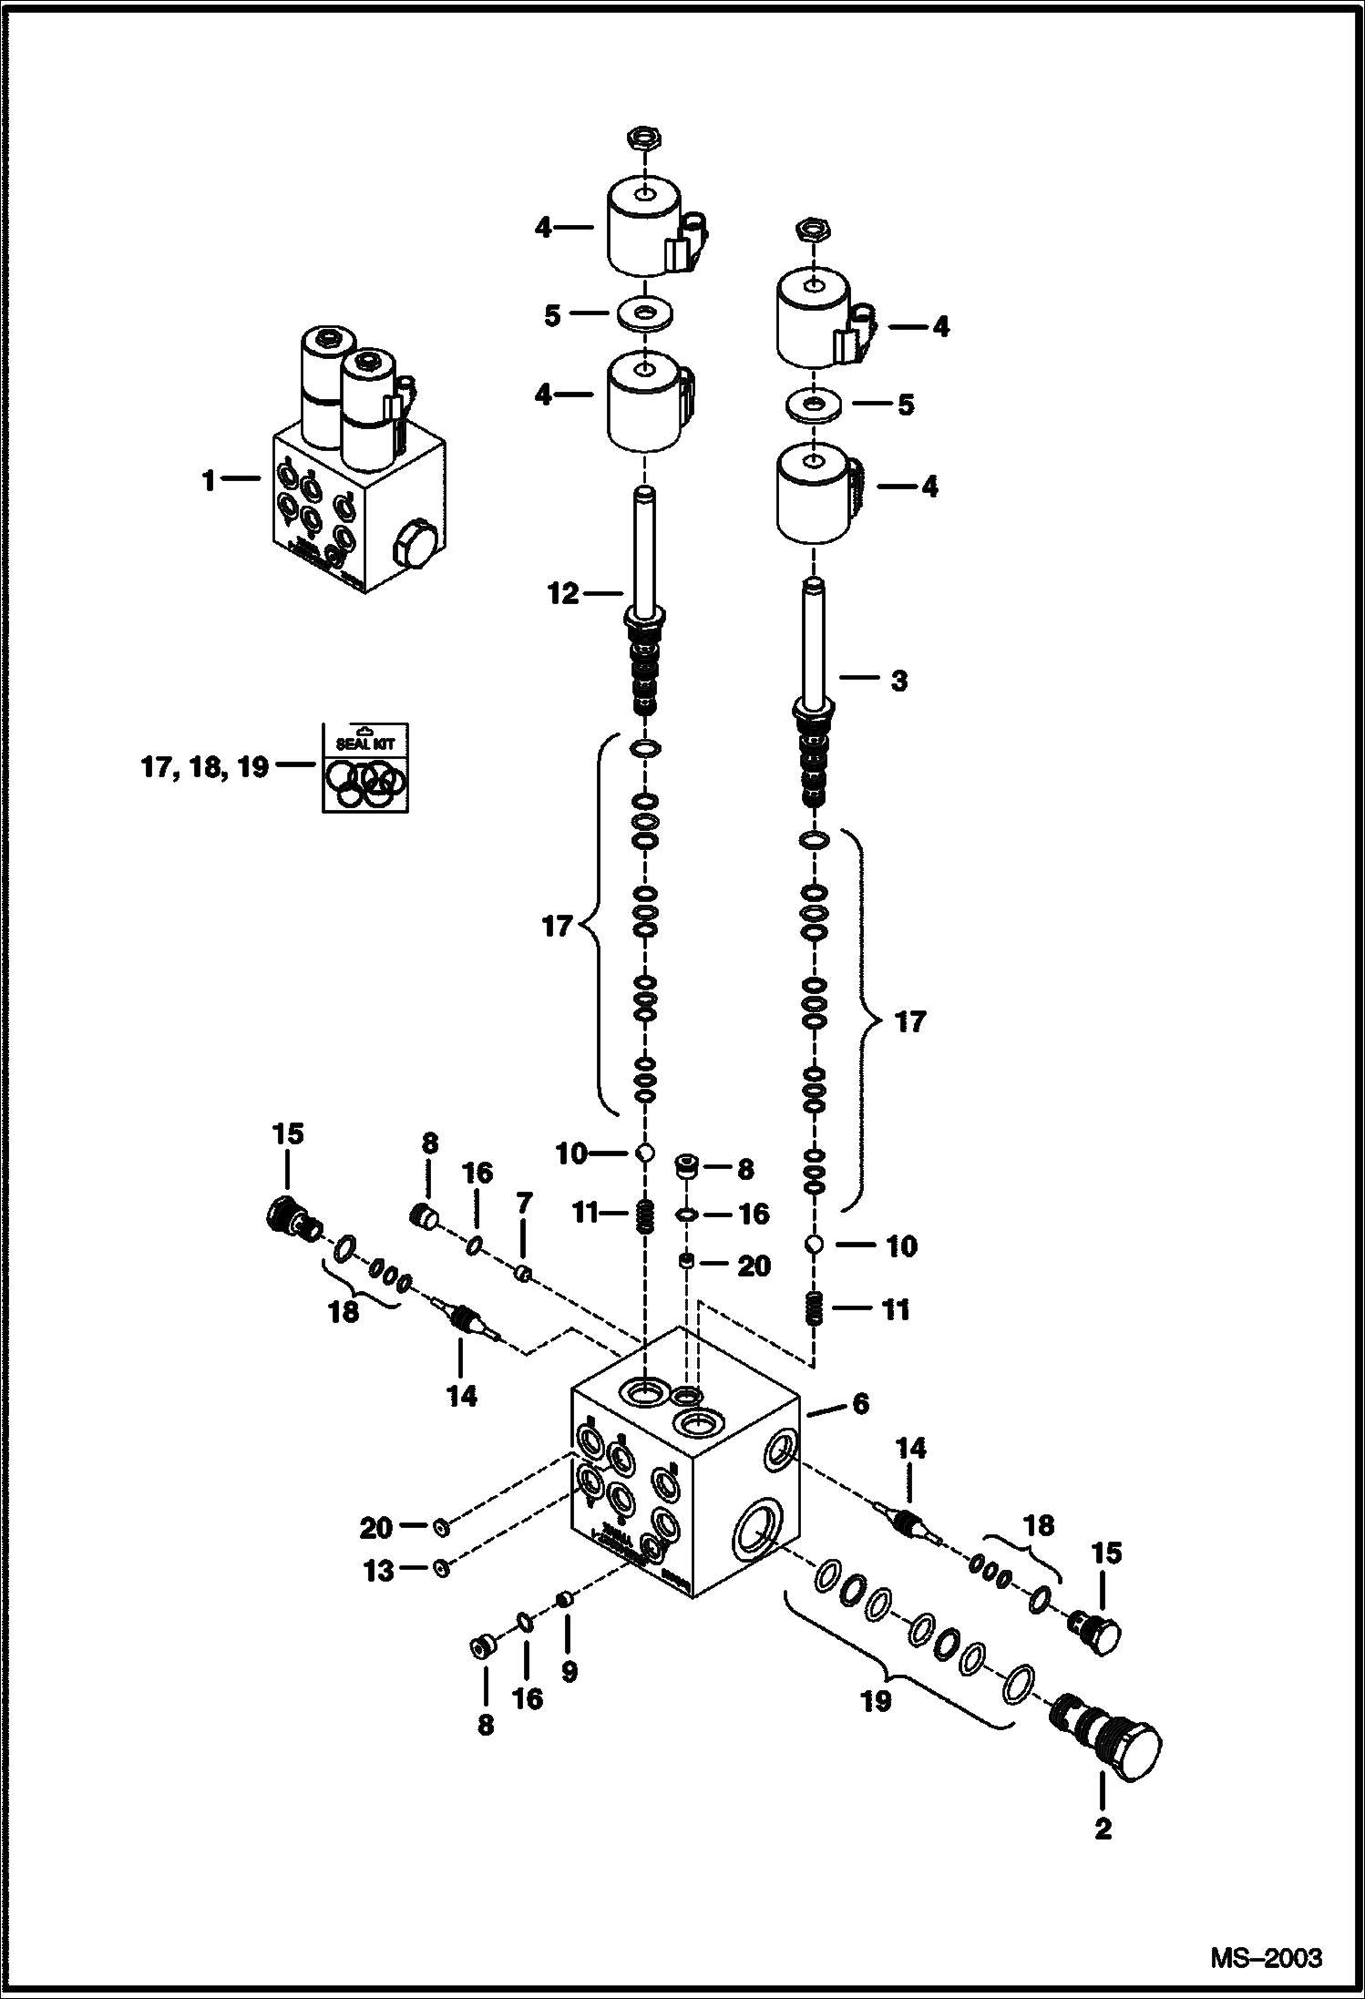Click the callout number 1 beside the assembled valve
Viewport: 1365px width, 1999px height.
[x=209, y=480]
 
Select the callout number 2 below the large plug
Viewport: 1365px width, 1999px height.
[x=1103, y=1828]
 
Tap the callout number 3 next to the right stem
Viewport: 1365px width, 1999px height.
[x=898, y=681]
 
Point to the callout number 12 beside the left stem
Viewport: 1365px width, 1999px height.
[x=563, y=594]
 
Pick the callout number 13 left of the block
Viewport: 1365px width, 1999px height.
[x=379, y=1570]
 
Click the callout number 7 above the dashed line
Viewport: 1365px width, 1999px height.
[x=524, y=1204]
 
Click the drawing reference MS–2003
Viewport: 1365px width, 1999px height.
[x=1267, y=1957]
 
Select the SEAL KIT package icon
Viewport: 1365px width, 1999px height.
[x=364, y=766]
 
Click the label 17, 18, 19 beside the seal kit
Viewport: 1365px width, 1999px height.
[x=204, y=767]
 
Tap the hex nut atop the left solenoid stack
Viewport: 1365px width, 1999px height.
[x=643, y=139]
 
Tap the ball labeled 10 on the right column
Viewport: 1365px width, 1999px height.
[x=816, y=1244]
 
